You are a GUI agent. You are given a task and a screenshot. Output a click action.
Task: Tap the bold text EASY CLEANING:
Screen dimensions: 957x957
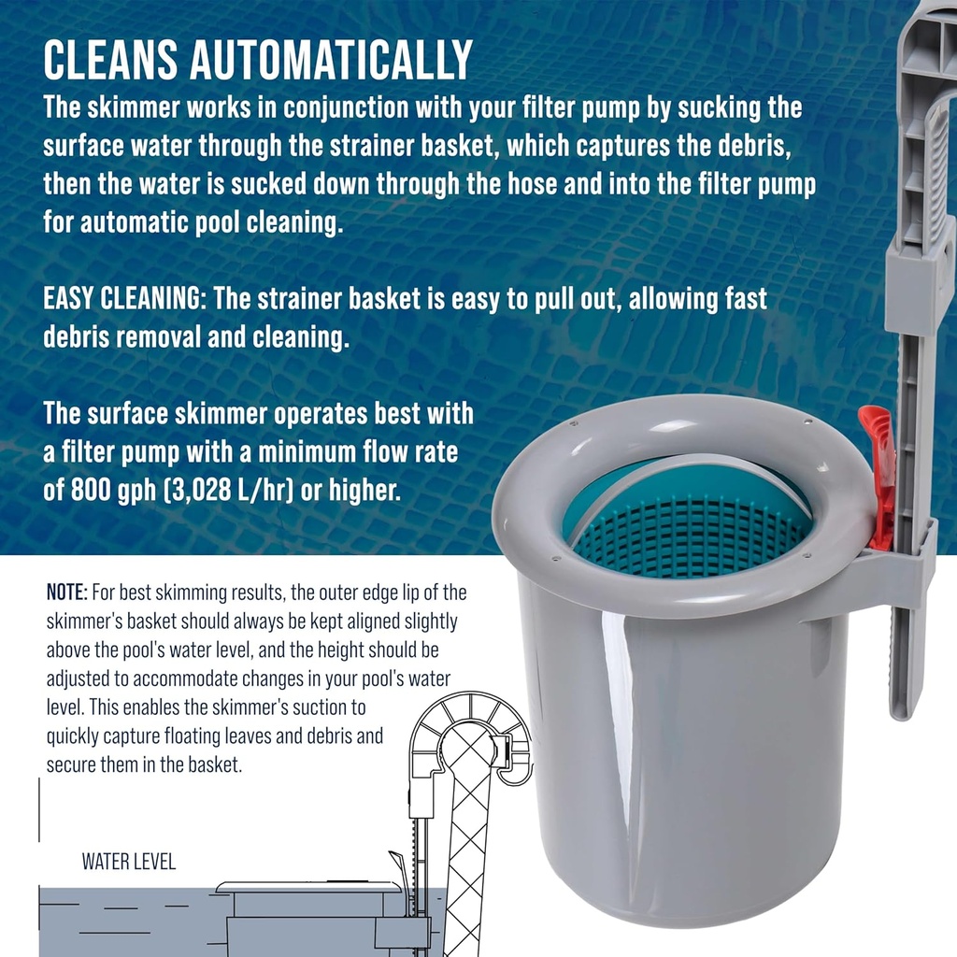click(x=125, y=300)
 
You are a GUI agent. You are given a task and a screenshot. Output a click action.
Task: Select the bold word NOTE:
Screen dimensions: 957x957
click(x=67, y=593)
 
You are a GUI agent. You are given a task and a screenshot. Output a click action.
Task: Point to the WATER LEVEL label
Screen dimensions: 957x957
click(x=128, y=861)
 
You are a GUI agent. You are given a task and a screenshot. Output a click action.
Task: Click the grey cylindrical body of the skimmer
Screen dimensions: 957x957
click(x=692, y=748)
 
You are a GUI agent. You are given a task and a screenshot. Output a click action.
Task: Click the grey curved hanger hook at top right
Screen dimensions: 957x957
click(x=925, y=112)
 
